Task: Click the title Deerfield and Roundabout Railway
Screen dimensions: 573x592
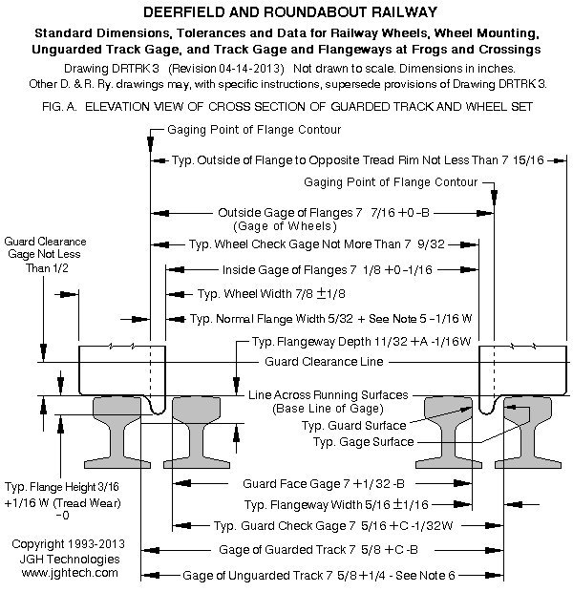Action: (290, 12)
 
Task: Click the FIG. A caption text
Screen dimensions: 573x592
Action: (287, 107)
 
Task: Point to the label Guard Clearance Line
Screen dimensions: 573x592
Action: (324, 362)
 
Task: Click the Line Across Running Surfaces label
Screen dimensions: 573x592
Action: (328, 395)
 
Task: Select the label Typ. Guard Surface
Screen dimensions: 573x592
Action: (353, 426)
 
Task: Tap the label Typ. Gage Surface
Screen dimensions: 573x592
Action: (363, 442)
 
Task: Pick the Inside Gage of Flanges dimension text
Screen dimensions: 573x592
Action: (328, 270)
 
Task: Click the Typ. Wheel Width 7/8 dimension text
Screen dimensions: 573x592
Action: (271, 294)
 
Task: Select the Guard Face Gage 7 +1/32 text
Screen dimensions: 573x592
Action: (324, 484)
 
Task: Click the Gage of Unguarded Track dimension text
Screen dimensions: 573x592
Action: (319, 576)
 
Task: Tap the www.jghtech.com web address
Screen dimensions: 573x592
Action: (70, 573)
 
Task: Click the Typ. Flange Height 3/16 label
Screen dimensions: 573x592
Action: (61, 487)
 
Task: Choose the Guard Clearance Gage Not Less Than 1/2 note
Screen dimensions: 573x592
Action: (45, 255)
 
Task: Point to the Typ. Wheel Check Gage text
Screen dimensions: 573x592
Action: (316, 244)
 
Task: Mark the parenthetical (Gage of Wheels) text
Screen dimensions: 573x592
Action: (285, 226)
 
